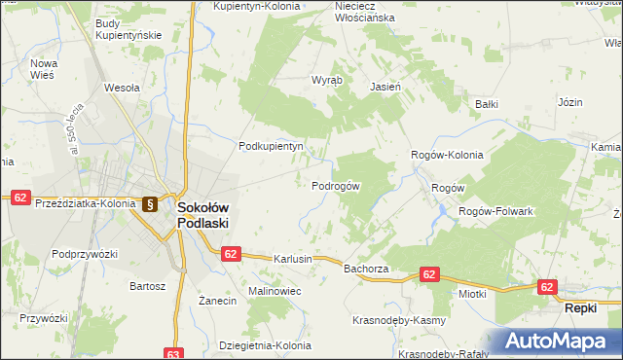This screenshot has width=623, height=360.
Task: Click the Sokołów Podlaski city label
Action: click(202, 214)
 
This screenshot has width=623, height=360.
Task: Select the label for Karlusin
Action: click(293, 260)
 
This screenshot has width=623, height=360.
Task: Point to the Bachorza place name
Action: click(366, 268)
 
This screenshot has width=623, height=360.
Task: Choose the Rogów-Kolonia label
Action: click(447, 155)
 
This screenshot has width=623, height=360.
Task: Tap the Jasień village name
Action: click(386, 86)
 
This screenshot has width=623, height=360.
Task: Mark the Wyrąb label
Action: click(326, 82)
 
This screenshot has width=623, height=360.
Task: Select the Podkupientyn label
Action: click(272, 147)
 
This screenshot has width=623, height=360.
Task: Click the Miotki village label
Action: click(472, 292)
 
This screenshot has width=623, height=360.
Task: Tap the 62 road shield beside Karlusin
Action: click(230, 254)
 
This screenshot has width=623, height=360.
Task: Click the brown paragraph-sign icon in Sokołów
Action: click(150, 204)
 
